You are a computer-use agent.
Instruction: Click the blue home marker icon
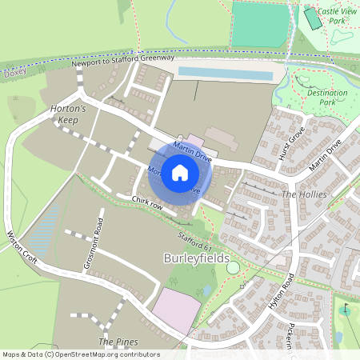tap(180, 172)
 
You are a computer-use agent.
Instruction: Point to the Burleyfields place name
tap(196, 259)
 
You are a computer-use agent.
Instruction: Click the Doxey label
tap(15, 71)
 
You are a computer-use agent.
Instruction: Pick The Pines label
tap(118, 342)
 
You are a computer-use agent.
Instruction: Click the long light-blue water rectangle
tap(225, 74)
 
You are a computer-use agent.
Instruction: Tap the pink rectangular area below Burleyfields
tap(177, 310)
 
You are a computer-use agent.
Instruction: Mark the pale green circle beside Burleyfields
tap(233, 267)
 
